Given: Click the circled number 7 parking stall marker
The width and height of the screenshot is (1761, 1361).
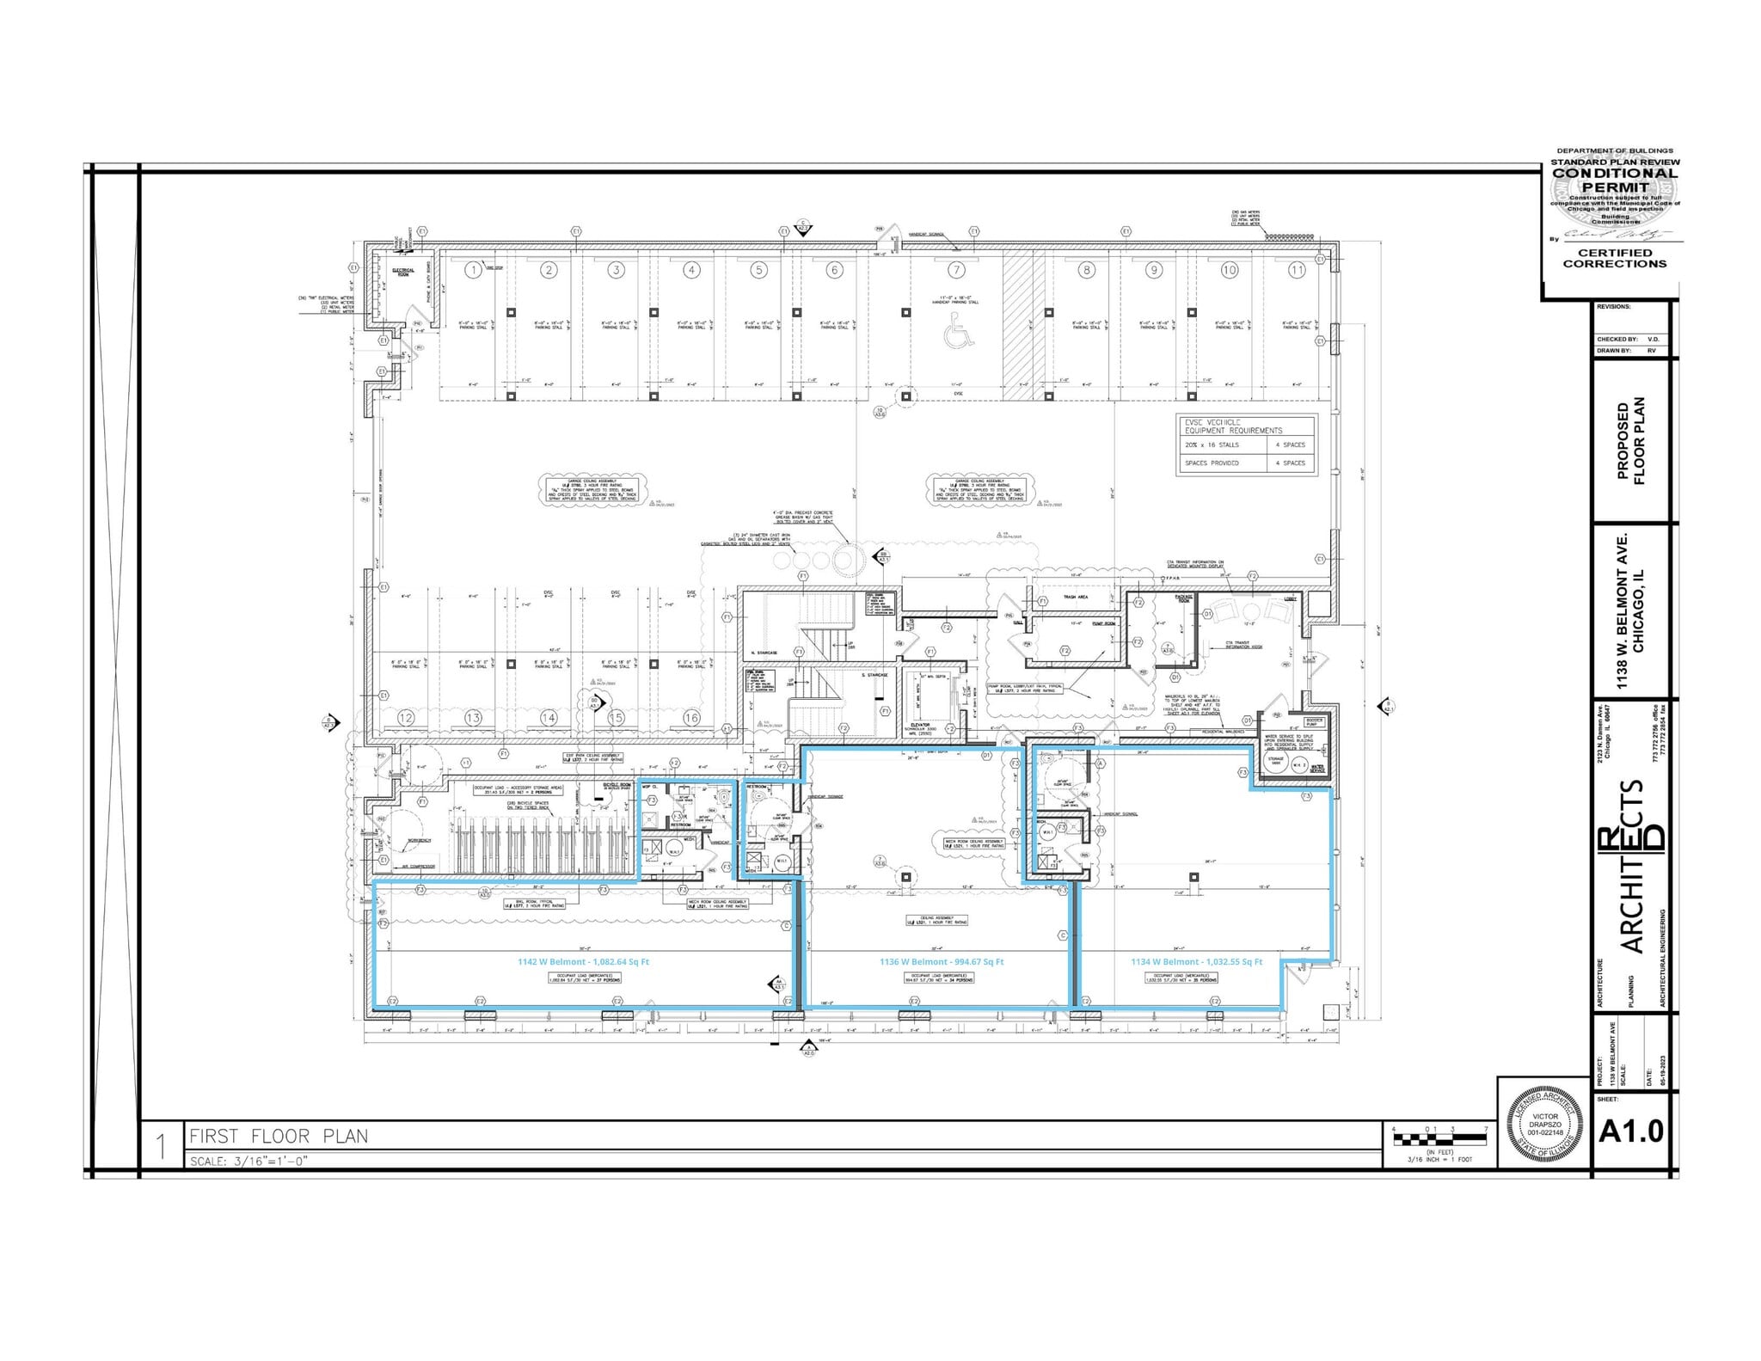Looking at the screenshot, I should pos(956,270).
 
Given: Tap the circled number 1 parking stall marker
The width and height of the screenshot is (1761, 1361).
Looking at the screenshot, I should pos(473,270).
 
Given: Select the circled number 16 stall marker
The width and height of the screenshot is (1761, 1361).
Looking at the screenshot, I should pos(691,717).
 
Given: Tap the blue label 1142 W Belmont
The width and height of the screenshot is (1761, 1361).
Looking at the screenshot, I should pos(583,962).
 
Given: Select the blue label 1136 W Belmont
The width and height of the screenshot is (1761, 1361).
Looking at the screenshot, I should pos(942,962).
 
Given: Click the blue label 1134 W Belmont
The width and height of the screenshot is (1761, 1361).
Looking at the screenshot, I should pos(1196,962).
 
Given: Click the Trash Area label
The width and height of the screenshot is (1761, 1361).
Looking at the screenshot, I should pos(1076,597).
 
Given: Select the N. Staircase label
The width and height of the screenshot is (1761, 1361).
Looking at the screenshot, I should pos(764,653).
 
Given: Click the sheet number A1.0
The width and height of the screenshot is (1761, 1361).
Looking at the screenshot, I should pos(1630,1132).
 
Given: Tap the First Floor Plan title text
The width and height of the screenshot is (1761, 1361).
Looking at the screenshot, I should pos(279,1137).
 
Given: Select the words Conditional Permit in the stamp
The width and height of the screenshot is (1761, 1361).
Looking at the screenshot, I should pos(1615,180).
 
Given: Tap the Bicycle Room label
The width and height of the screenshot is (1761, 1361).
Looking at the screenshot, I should pos(617,785).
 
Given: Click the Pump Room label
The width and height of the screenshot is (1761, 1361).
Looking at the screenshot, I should pos(1103,623).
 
